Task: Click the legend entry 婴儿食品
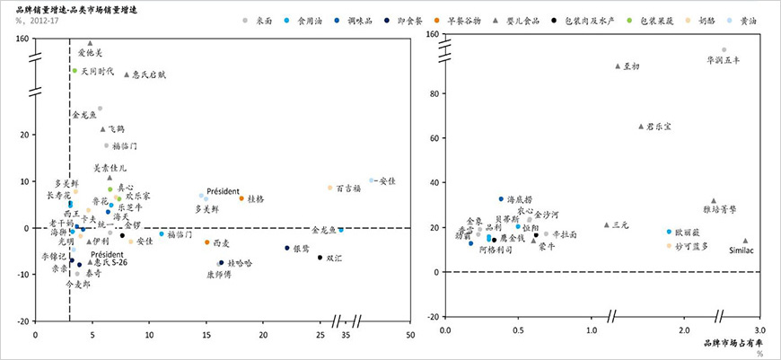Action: (x=533, y=19)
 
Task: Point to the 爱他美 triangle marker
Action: (x=90, y=42)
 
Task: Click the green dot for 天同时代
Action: (x=75, y=69)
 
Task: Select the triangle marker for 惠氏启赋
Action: (x=127, y=75)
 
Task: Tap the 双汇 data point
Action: (x=320, y=258)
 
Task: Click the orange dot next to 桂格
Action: (x=241, y=198)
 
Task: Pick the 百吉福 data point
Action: (x=329, y=188)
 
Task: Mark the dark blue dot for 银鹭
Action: (x=287, y=248)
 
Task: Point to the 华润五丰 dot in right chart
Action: (x=724, y=50)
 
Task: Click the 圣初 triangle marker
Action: (x=618, y=66)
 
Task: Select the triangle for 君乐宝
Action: (x=641, y=127)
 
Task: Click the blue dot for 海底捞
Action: (x=501, y=198)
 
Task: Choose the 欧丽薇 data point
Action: (x=669, y=232)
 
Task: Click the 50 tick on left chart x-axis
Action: (x=410, y=334)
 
